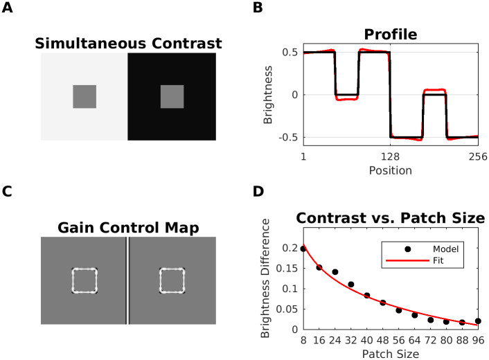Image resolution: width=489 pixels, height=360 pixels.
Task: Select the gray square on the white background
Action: point(85,97)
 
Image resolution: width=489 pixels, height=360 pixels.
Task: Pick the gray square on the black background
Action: point(172,97)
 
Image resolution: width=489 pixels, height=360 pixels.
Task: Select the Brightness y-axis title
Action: point(268,96)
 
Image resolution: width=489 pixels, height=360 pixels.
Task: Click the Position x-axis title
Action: point(389,170)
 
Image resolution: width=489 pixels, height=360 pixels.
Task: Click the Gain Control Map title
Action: point(128,228)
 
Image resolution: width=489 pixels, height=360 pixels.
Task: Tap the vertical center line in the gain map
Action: point(127,280)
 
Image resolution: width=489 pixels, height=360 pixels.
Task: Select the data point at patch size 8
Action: point(303,248)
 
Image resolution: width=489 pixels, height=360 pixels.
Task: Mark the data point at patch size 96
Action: point(478,321)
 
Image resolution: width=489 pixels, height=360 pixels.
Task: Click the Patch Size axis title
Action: point(389,354)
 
